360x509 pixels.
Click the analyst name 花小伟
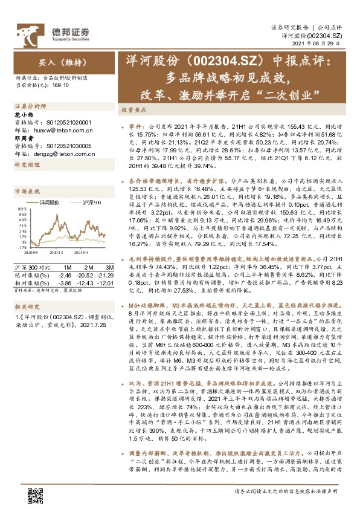[22, 114]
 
